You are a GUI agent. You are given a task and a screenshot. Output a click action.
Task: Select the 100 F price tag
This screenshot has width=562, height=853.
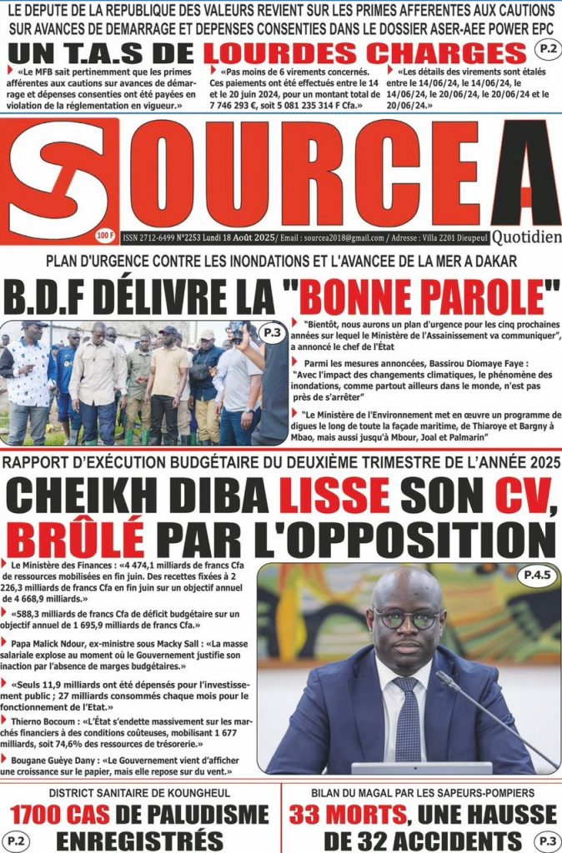106,234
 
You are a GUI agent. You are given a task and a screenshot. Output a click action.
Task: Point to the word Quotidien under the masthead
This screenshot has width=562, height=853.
527,237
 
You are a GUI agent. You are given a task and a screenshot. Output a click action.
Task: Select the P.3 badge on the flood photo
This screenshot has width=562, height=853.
271,332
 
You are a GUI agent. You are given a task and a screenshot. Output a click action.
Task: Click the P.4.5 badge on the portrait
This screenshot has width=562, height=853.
537,575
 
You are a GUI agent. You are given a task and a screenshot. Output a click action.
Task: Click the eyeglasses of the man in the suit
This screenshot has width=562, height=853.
406,618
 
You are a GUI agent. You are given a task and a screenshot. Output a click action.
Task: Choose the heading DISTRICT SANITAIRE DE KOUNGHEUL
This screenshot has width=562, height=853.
140,793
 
